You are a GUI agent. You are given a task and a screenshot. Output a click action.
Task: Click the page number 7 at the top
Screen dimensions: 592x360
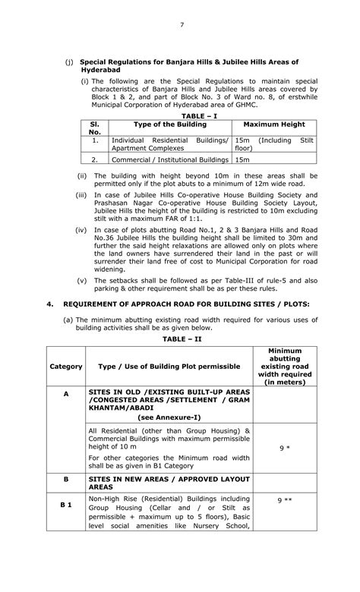182,26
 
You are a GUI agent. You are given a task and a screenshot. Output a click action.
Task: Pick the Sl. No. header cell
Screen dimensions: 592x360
95,128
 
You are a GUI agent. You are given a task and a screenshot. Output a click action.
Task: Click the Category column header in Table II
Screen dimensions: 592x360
66,367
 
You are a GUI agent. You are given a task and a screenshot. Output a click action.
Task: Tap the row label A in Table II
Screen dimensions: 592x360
66,394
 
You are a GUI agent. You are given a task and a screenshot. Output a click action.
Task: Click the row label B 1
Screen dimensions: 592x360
66,505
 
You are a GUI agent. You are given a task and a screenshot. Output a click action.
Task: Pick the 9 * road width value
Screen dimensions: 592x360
285,449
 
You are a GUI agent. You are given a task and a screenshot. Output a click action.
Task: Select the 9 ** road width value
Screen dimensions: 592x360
285,501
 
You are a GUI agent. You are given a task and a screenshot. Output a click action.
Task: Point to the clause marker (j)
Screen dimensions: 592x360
70,61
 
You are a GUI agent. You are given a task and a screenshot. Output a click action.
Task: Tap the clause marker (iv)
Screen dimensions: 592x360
81,228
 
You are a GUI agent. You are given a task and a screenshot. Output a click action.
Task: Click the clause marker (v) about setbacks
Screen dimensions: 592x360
83,279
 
